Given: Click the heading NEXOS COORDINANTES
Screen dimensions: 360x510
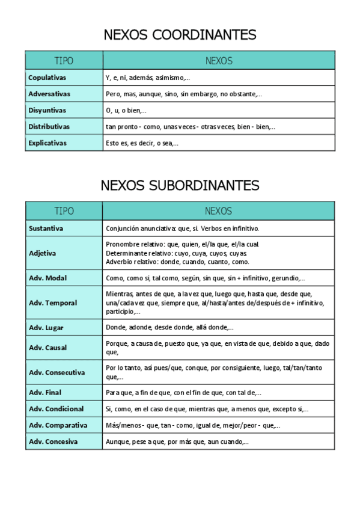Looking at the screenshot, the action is tap(180, 35).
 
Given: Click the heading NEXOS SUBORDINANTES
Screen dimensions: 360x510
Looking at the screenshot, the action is tap(180, 185).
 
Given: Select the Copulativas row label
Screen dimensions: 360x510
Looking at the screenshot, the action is tap(47, 78).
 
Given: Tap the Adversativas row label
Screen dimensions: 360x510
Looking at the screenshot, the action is tap(49, 94).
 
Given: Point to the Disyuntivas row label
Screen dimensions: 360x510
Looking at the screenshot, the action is tap(47, 110).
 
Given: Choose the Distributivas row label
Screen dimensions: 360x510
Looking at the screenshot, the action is tap(49, 127).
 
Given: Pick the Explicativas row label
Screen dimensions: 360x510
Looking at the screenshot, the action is tap(48, 143).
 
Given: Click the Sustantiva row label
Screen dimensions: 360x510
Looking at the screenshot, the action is tap(46, 229).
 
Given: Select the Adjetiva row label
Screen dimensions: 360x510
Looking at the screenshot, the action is tap(43, 253).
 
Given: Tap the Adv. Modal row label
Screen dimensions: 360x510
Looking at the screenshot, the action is tap(48, 278).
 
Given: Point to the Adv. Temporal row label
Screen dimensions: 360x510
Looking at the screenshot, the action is tap(53, 303).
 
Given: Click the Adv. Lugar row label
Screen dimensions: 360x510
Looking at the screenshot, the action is tap(46, 328).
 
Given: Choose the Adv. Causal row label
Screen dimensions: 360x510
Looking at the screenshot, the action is tap(48, 348).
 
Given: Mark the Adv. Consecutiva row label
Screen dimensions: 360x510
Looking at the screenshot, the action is tap(57, 372).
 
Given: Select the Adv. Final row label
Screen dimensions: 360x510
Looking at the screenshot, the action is tap(45, 393).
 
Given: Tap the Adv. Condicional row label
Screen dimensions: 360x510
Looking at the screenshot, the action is tap(56, 409).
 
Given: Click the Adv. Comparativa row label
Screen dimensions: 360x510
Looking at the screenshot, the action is tap(58, 425).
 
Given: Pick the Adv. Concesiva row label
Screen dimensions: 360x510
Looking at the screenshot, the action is tap(53, 441).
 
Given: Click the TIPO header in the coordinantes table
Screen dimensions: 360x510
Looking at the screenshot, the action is tap(64, 61).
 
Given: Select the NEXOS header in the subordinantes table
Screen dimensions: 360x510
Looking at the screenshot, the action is tap(218, 211).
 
